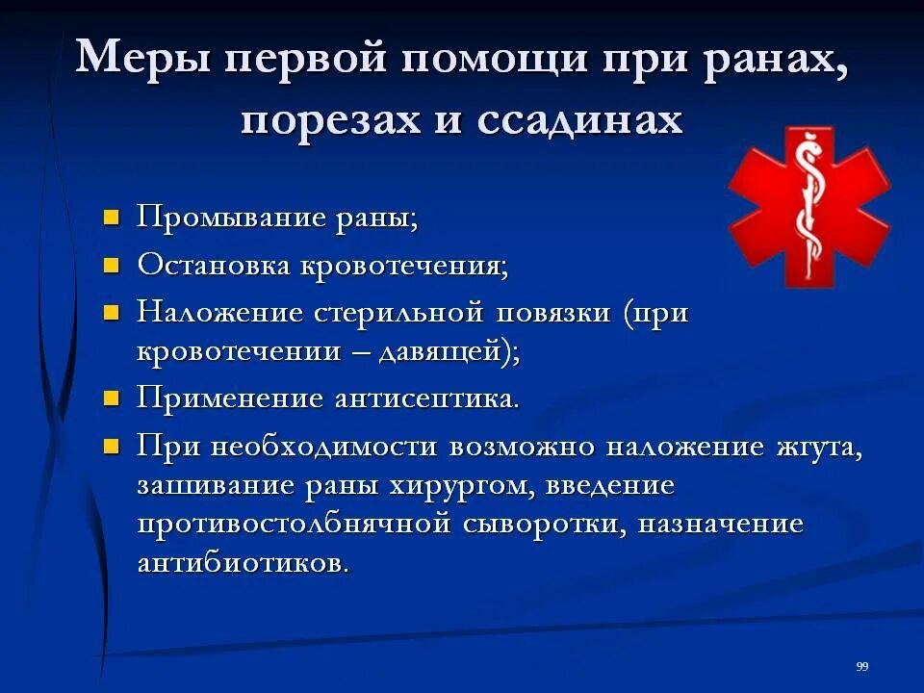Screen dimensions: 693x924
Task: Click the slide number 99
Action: [862, 667]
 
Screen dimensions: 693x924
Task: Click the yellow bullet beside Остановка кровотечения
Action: [113, 264]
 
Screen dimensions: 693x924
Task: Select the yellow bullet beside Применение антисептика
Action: [113, 398]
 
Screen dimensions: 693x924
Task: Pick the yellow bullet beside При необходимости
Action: [113, 447]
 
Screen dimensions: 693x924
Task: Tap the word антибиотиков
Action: [243, 562]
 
